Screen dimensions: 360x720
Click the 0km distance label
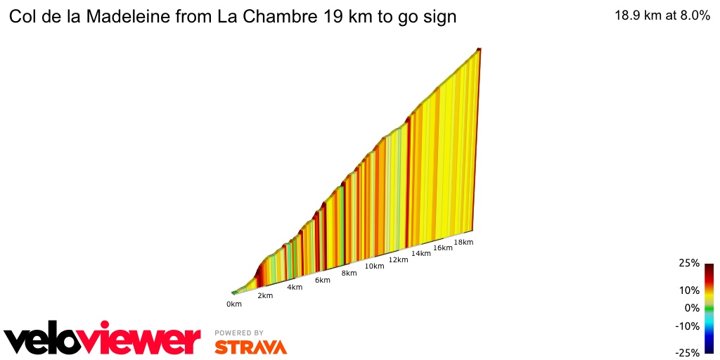pos(234,304)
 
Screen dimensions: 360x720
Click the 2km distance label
pos(265,295)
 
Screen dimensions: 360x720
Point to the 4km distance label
pos(295,287)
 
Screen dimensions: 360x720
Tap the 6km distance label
pos(323,280)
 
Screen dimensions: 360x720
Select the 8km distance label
pos(349,273)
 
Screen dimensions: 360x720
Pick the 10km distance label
pos(374,266)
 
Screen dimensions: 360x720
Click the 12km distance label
pos(398,259)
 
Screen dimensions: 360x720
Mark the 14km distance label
pos(421,253)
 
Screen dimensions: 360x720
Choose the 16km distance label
pos(443,247)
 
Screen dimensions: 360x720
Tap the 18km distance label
pos(463,242)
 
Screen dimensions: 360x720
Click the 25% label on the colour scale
pos(688,263)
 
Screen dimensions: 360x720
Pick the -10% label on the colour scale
pos(687,326)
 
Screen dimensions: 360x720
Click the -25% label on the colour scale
pos(687,353)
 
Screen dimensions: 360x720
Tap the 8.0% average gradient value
pos(691,16)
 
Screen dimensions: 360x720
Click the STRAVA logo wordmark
pos(250,347)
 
